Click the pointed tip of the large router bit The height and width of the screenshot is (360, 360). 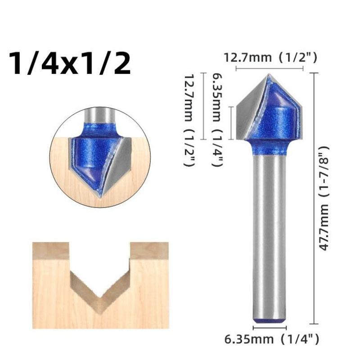coord(269,76)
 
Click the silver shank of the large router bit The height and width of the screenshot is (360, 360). coord(269,234)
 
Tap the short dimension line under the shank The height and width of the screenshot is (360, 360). coord(269,328)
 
